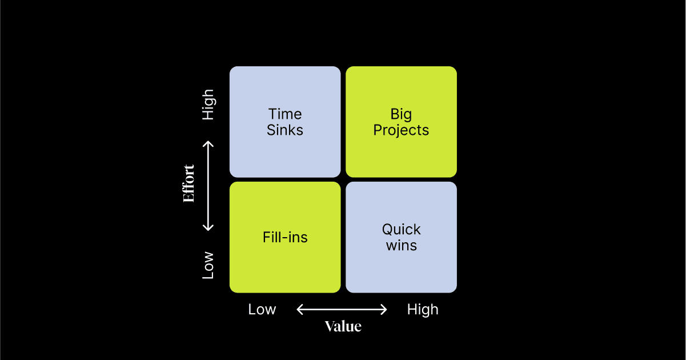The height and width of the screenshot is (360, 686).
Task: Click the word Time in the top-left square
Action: point(285,114)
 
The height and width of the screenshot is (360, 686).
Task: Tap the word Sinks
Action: point(285,130)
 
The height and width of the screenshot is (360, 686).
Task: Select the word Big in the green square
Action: point(401,114)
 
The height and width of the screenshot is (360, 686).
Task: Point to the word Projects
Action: point(401,131)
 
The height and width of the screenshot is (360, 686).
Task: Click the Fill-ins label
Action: point(285,237)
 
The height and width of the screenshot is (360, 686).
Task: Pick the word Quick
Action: point(401,230)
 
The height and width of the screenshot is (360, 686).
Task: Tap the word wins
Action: point(401,246)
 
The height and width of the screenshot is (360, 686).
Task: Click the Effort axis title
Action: point(189,183)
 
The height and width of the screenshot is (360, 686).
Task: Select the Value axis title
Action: point(343,326)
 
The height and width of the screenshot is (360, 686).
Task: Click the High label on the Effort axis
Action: point(208,104)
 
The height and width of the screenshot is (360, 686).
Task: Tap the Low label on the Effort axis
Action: point(208,265)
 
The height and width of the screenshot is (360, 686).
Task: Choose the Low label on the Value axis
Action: point(262,310)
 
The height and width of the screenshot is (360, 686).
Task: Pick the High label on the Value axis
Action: point(423,310)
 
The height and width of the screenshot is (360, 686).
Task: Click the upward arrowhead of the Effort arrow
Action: point(208,143)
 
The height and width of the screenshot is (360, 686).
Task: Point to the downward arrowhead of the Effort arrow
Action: point(208,228)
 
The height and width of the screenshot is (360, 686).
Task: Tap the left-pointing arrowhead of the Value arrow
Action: point(299,310)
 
